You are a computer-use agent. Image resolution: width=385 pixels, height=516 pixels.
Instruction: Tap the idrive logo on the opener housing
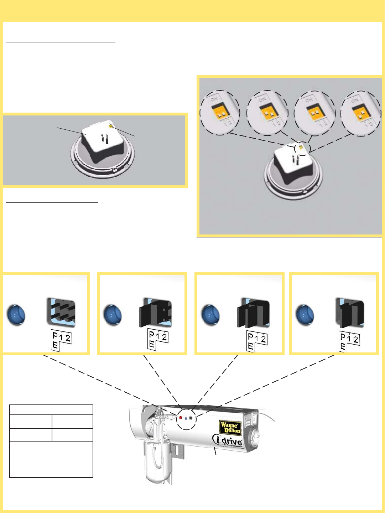228,441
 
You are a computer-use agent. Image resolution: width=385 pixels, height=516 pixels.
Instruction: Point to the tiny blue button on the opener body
186,418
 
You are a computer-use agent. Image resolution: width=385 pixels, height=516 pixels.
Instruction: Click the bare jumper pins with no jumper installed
61,313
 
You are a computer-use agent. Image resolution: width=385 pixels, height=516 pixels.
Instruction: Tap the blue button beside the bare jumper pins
16,315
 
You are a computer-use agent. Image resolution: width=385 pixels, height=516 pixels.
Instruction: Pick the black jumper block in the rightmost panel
350,313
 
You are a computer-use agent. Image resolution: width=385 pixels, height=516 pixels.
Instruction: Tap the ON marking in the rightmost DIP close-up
355,100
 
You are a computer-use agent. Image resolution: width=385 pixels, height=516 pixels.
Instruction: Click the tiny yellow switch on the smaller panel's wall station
111,126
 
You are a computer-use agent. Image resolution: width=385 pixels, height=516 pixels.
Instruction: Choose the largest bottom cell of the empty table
51,459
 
